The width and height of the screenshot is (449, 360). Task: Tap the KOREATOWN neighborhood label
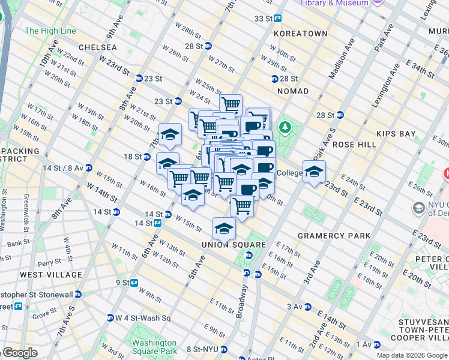[x=301, y=34]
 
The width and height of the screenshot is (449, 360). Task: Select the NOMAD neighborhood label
[x=292, y=91]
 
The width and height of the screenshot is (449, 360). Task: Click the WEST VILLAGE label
[x=51, y=275]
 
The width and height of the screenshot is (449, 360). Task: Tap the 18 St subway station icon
[x=146, y=157]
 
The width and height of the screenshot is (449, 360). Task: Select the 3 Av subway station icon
[x=307, y=307]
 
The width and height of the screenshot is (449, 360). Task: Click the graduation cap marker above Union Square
[x=224, y=229]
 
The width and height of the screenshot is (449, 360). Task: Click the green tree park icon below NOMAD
[x=285, y=127]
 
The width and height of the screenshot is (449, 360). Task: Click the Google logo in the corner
[x=19, y=353]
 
